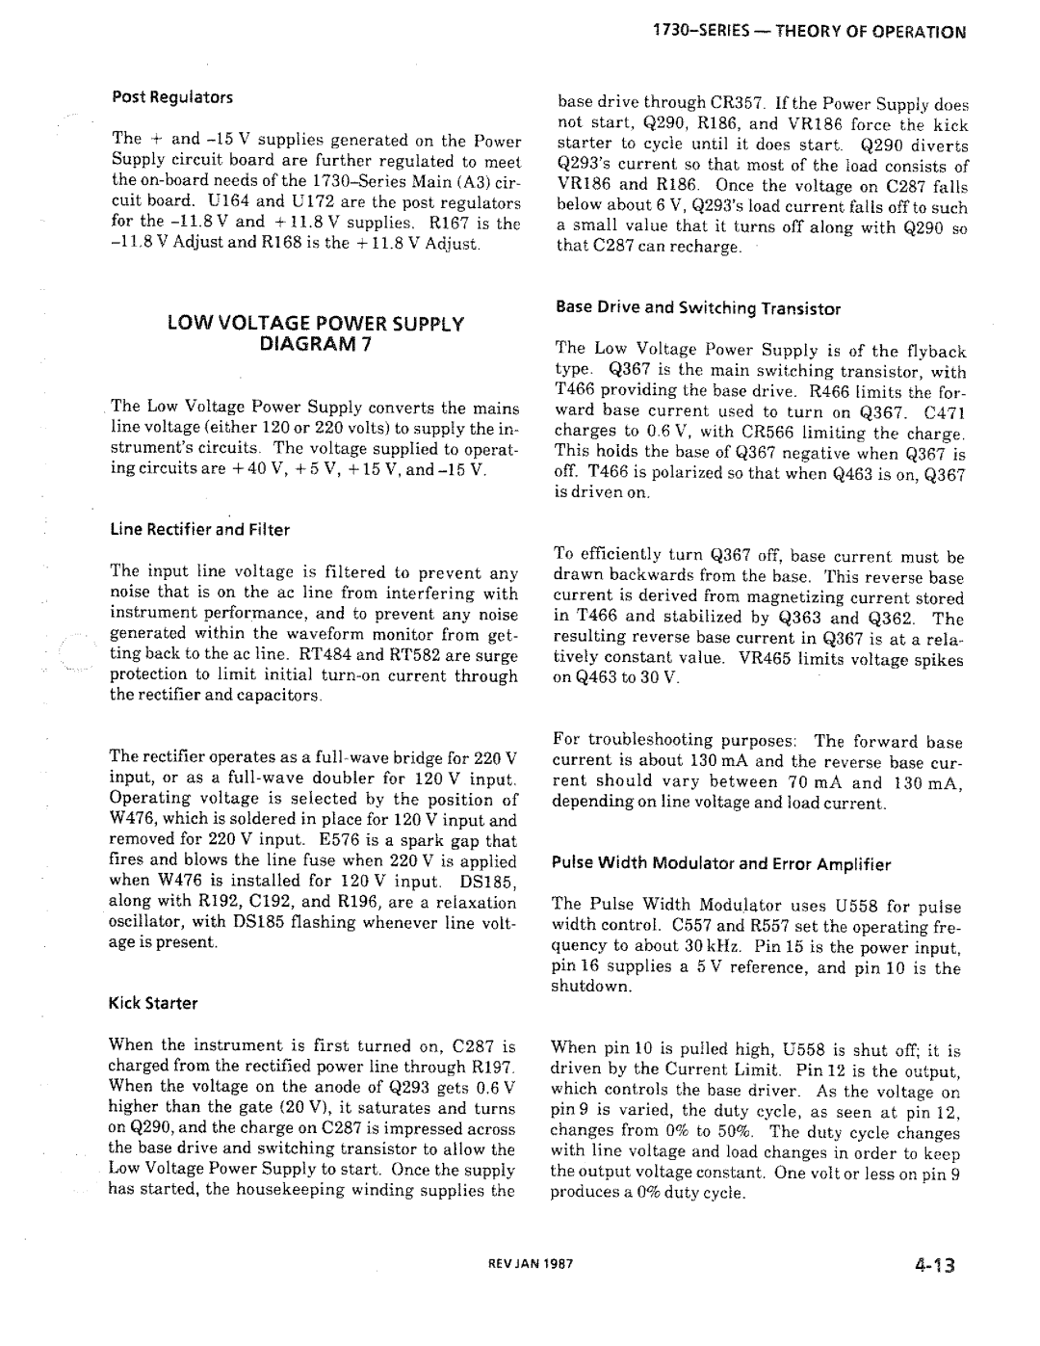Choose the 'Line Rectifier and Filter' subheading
coord(200,529)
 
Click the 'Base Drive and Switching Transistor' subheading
coord(698,309)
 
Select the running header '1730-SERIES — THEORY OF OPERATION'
coord(807,32)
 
